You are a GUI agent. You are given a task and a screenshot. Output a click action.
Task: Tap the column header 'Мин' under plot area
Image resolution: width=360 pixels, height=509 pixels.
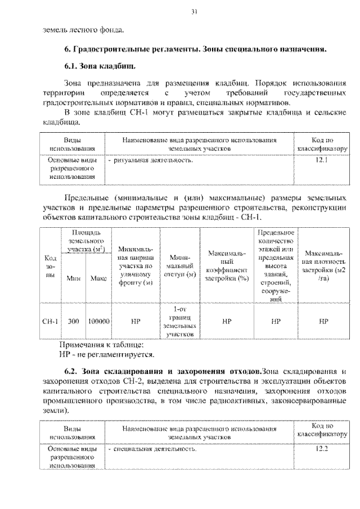73,278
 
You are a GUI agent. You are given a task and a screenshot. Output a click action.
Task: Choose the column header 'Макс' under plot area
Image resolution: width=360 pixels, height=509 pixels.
98,278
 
